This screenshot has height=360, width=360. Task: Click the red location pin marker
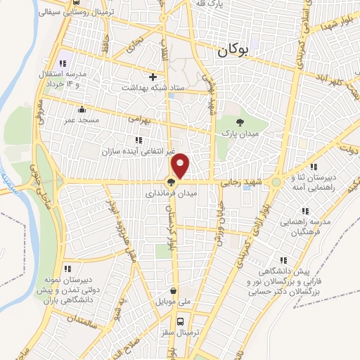181,165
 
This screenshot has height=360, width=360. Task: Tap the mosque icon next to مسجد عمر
83,109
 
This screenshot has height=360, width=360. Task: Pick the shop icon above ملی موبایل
174,290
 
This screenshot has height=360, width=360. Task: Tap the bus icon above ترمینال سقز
181,321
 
